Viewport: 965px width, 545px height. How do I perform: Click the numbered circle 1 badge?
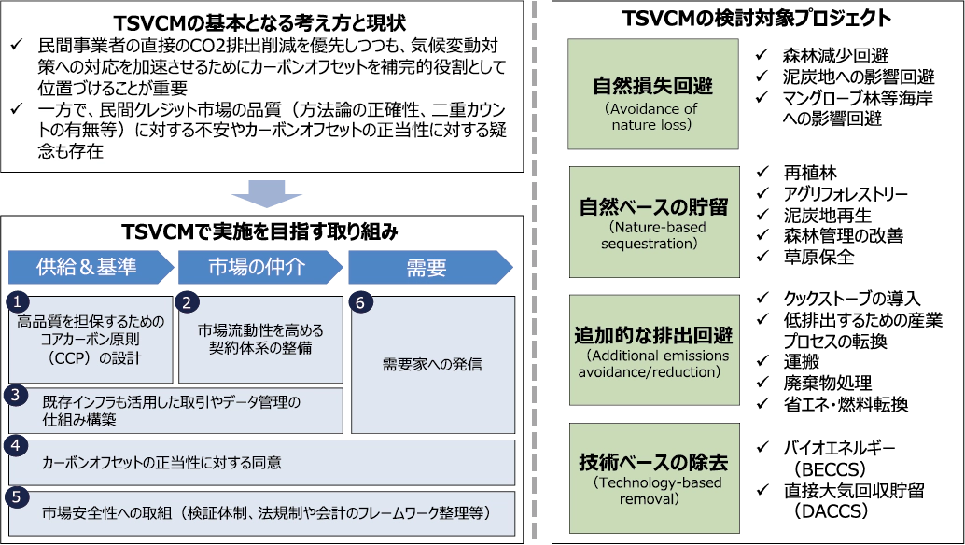(x=17, y=302)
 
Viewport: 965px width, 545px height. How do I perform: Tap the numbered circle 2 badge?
(x=187, y=302)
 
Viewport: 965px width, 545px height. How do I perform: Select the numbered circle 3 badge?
(x=17, y=395)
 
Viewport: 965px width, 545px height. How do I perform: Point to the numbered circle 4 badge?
(x=16, y=446)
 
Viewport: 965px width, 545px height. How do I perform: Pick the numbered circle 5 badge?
(x=16, y=496)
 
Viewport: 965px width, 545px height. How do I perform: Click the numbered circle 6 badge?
(x=360, y=302)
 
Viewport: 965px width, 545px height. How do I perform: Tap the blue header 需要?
(x=426, y=268)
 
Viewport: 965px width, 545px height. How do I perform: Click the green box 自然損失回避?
(x=652, y=93)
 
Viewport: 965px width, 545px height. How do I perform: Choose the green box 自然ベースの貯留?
(x=652, y=221)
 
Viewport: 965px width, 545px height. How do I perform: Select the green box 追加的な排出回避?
(x=652, y=349)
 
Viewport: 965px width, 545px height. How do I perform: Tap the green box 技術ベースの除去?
(x=652, y=476)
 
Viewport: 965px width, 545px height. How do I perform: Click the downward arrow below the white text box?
(x=265, y=197)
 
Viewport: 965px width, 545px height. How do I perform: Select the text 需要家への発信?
(x=432, y=364)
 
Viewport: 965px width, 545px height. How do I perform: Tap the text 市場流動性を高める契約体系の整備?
(x=260, y=339)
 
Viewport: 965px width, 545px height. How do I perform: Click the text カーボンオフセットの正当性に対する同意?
(x=161, y=462)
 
